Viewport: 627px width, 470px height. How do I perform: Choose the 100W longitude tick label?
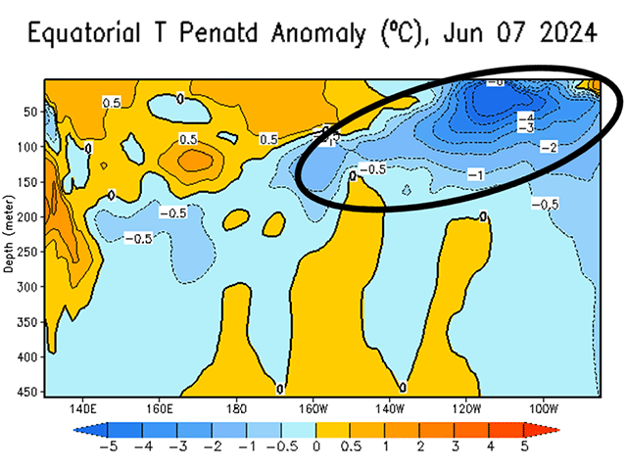(x=543, y=406)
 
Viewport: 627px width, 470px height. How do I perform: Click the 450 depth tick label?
(x=30, y=393)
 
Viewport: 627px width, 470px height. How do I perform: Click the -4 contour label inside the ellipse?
(x=525, y=117)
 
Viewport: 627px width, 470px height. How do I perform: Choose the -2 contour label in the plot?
(x=549, y=146)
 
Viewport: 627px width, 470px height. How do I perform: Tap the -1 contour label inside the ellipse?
(x=475, y=174)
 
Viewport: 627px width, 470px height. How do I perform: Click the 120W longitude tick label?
(x=466, y=406)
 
